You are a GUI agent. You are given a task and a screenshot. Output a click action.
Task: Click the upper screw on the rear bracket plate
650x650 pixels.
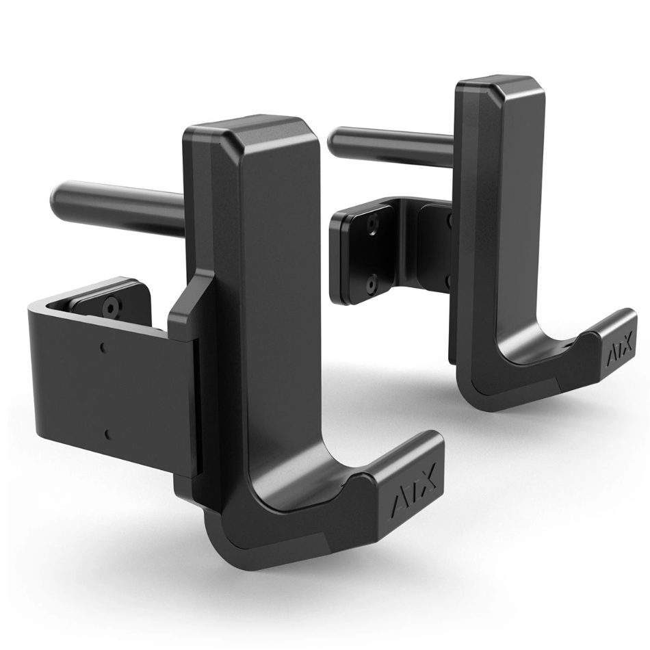click(372, 224)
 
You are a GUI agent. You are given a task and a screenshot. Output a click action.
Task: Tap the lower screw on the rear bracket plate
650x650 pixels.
click(371, 283)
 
